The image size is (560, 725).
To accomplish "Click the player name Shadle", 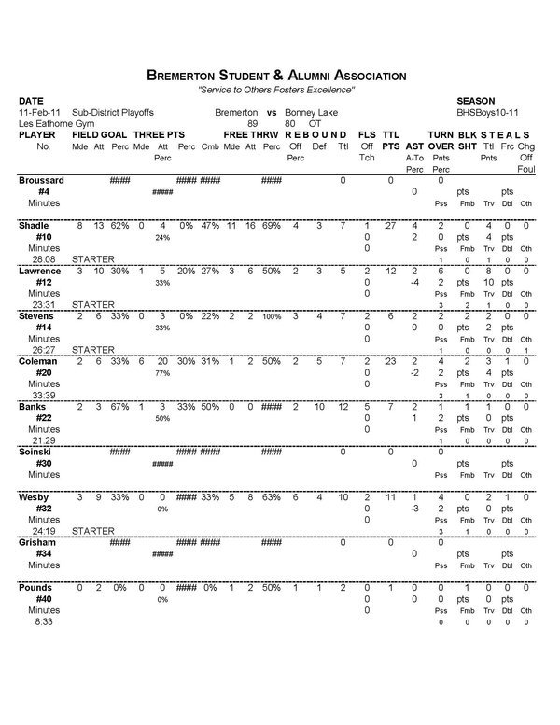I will tap(35, 226).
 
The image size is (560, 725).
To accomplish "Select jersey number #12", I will tap(43, 282).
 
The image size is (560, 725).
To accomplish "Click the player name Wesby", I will tap(34, 496).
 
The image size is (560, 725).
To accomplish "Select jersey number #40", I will tap(43, 598).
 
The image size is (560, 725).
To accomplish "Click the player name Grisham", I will tap(37, 541).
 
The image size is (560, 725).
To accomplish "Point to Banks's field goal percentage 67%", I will tap(119, 406).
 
